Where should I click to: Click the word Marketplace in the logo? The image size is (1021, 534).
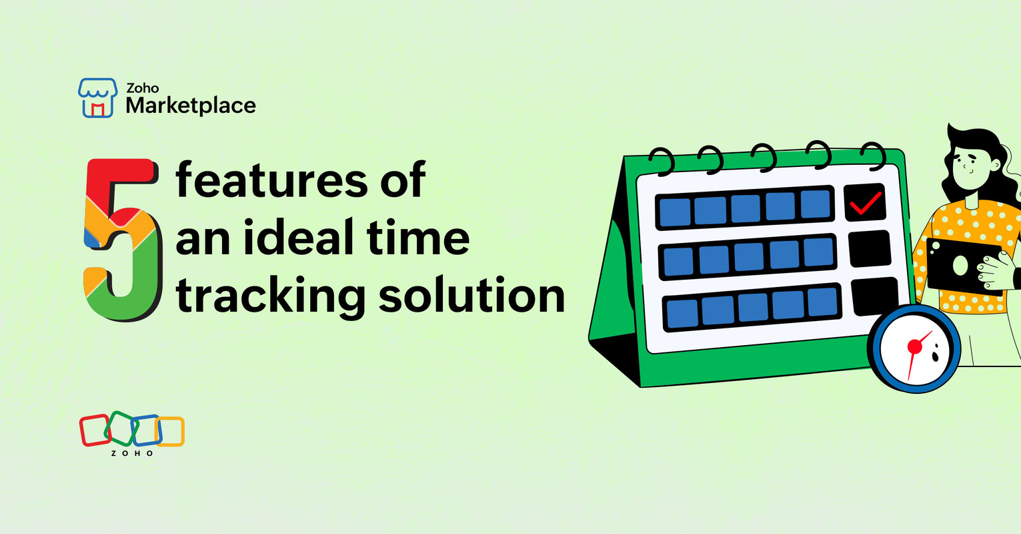point(191,105)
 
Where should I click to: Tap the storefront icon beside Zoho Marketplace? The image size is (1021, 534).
point(97,97)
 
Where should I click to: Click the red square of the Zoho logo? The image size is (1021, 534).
point(94,430)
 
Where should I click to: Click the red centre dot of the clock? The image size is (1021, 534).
point(914,346)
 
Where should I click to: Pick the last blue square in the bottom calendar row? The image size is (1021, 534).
point(822,302)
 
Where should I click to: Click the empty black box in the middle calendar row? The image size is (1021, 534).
point(870,249)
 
